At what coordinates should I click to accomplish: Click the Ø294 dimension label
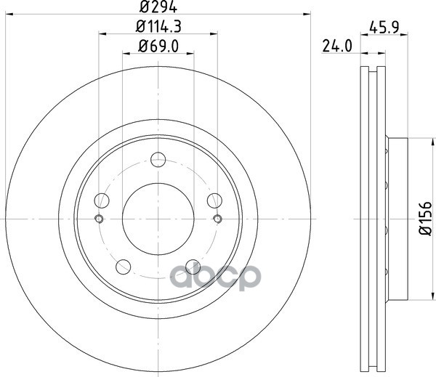(x=158, y=7)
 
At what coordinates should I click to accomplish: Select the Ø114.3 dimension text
(x=158, y=27)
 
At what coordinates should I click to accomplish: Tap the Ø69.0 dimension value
(x=158, y=46)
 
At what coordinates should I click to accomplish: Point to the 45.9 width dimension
(x=384, y=28)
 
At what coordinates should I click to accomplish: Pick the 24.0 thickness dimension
(x=337, y=46)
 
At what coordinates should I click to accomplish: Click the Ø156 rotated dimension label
(x=425, y=219)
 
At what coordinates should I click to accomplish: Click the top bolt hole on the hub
(x=158, y=160)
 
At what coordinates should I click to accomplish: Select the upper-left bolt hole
(x=102, y=200)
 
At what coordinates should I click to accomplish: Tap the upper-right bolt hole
(x=214, y=200)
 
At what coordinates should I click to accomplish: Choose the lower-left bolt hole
(x=124, y=267)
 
